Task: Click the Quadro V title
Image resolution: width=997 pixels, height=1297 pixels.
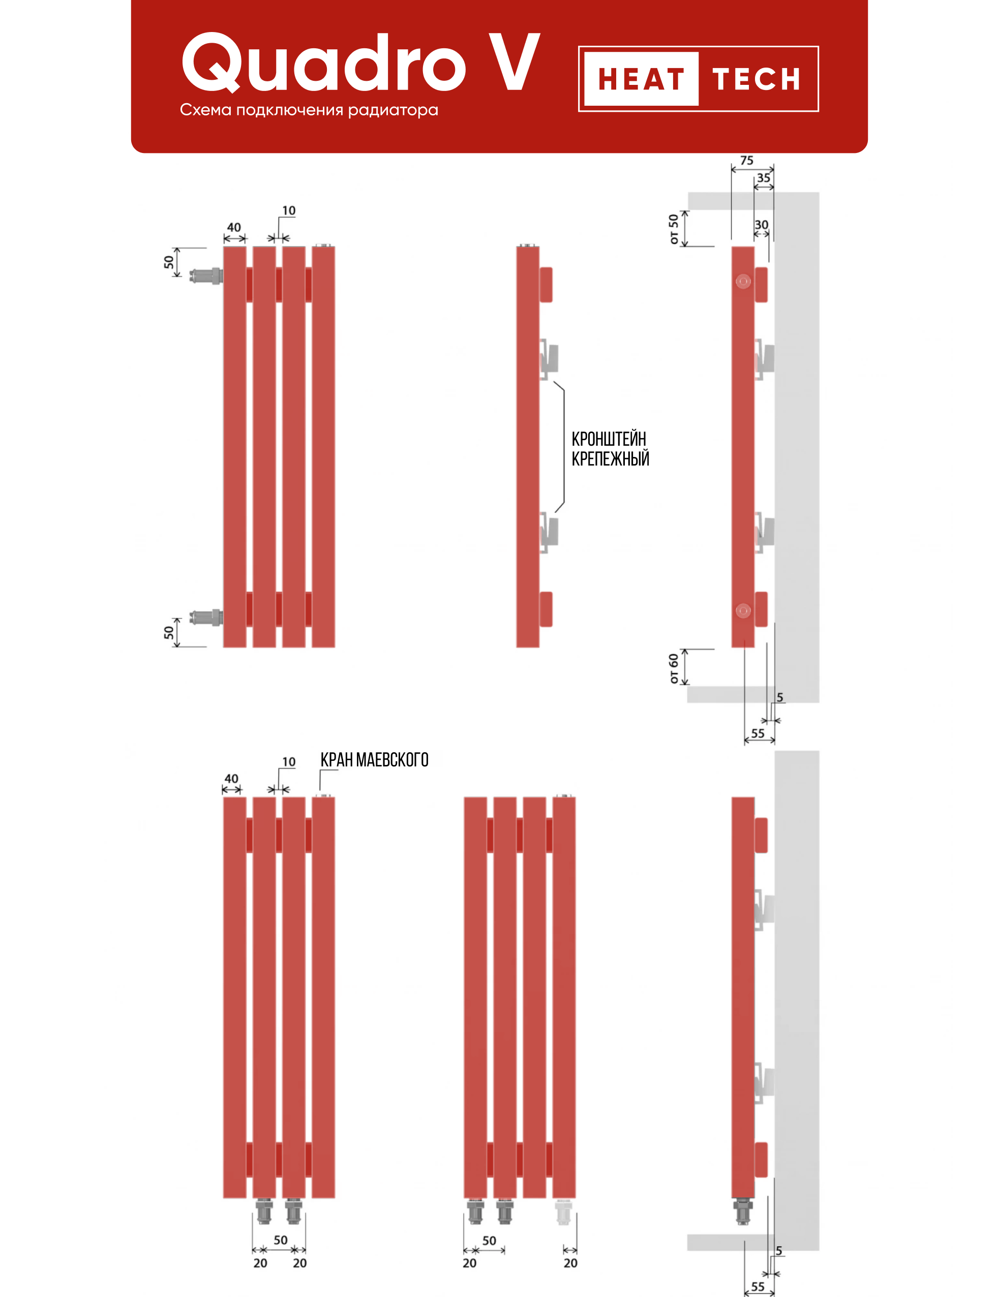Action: tap(360, 64)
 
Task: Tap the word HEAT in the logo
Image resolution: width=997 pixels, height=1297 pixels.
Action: tap(641, 79)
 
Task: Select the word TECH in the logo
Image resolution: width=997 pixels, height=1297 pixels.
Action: tap(757, 79)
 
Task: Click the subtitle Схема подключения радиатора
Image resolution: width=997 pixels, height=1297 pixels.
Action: tap(309, 110)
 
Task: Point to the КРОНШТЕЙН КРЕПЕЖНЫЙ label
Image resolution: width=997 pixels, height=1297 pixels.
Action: tap(610, 449)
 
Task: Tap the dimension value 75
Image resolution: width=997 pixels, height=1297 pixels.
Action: tap(746, 160)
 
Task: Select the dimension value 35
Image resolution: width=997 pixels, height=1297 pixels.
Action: tap(763, 177)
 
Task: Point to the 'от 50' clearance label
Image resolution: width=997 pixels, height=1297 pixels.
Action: tap(673, 229)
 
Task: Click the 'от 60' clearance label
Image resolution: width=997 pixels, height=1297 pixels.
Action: tap(673, 668)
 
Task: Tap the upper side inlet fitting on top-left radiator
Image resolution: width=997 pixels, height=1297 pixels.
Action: tap(205, 276)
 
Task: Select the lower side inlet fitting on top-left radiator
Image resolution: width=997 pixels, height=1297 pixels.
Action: tap(205, 617)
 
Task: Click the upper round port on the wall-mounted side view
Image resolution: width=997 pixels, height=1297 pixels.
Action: tap(743, 281)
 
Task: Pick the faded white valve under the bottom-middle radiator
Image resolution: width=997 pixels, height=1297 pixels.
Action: tap(563, 1212)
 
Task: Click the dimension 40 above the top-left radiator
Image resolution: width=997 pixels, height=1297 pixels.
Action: tap(234, 227)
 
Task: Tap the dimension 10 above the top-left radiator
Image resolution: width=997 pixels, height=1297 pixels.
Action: tap(288, 210)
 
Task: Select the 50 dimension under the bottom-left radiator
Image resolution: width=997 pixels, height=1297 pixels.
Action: tap(280, 1240)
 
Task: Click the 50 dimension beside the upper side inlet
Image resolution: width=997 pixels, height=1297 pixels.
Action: tap(169, 262)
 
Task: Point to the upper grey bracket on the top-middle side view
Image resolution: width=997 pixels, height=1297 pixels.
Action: tap(550, 358)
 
